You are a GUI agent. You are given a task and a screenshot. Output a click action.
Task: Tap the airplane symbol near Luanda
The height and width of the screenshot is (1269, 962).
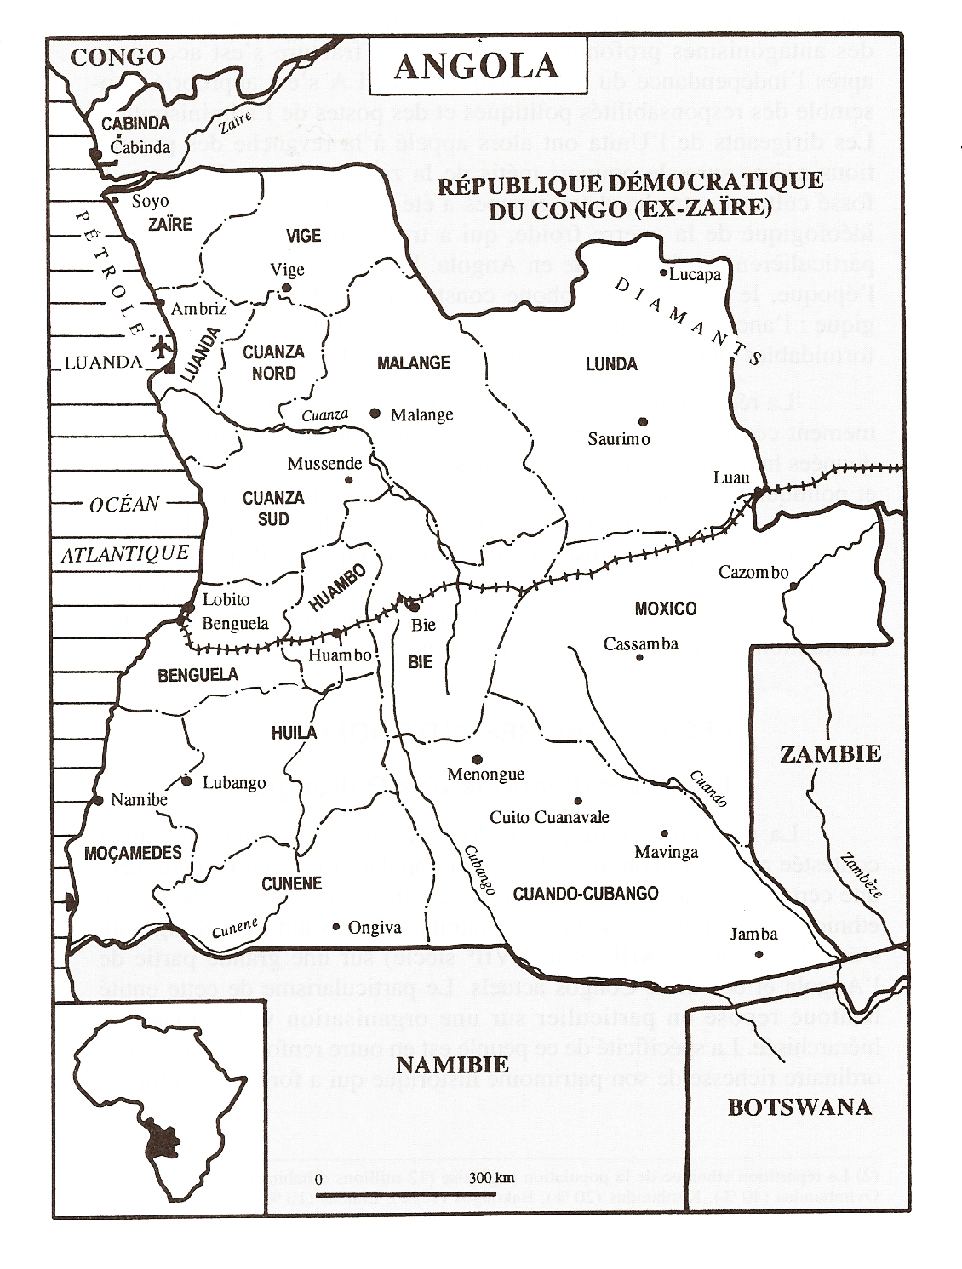click(161, 348)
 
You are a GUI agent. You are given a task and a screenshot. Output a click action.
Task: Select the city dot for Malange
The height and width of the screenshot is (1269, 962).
click(375, 413)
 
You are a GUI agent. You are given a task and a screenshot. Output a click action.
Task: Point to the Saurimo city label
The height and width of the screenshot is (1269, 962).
click(619, 439)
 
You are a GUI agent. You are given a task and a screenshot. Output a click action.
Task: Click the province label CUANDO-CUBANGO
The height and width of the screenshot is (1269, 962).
click(586, 893)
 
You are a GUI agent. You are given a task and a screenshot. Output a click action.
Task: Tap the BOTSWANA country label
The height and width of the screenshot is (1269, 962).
click(799, 1106)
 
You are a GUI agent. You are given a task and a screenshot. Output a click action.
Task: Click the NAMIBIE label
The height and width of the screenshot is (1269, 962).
click(453, 1064)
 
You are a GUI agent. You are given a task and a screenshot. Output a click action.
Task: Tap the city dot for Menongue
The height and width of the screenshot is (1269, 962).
click(478, 759)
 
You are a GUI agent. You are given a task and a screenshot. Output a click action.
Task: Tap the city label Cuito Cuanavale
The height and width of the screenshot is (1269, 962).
click(549, 817)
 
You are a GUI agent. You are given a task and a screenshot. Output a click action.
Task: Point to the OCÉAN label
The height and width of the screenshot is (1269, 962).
click(124, 504)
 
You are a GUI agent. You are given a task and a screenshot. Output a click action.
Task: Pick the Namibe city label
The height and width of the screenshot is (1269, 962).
click(140, 800)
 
